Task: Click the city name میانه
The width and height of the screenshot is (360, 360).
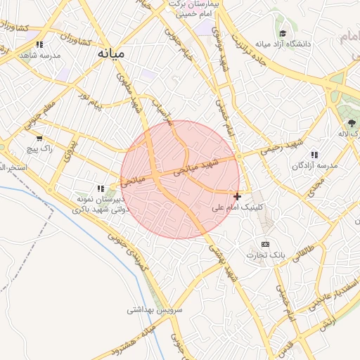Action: click(112, 53)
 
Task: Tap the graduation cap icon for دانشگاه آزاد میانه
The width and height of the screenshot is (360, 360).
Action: click(283, 33)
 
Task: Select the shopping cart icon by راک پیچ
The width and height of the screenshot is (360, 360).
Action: click(39, 139)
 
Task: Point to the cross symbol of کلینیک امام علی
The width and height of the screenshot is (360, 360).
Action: click(238, 196)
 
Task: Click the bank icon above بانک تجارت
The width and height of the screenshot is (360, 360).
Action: click(265, 244)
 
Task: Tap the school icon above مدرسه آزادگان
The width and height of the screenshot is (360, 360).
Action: click(314, 155)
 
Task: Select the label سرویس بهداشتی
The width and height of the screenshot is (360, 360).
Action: click(155, 309)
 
